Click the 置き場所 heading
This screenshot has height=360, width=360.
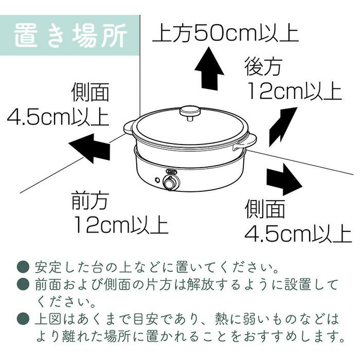[71, 35]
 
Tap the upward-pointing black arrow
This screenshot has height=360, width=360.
[209, 68]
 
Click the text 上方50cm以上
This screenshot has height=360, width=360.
[225, 34]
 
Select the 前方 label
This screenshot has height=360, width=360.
[90, 201]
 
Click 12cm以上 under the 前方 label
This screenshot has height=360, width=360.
[121, 225]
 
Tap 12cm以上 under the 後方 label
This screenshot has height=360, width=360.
[295, 91]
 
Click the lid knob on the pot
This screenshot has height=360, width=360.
[190, 113]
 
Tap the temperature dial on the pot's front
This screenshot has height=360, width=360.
[171, 183]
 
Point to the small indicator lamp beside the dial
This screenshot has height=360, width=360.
[157, 180]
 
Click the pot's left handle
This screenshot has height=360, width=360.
[129, 128]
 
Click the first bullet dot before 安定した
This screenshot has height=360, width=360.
[23, 267]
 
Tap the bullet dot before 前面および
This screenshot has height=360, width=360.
[23, 284]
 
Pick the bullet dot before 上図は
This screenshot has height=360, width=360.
[23, 319]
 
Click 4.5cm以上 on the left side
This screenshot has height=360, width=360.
[58, 117]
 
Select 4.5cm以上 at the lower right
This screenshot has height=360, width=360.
[298, 233]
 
